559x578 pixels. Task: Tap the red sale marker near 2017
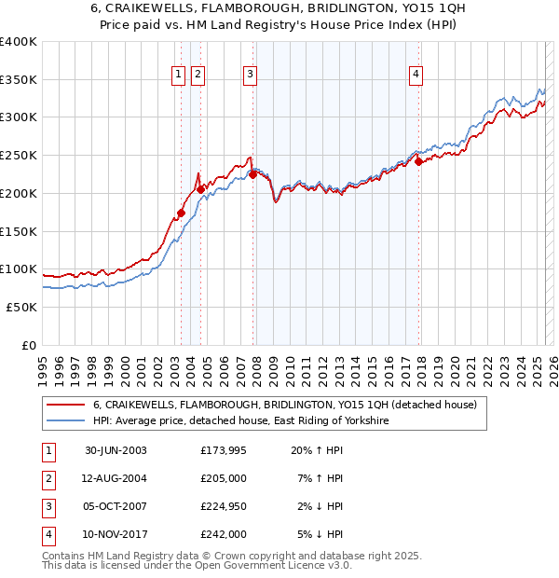[419, 161]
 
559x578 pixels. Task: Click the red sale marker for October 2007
[252, 173]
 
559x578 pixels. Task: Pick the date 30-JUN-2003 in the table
[116, 450]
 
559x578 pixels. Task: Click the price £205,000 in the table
[224, 478]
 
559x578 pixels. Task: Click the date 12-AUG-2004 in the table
[116, 478]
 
